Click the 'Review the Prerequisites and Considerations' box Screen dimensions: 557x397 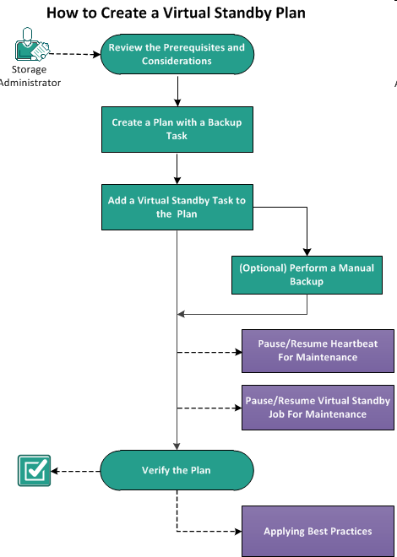[x=177, y=55]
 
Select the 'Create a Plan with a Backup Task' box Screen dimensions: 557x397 [x=177, y=129]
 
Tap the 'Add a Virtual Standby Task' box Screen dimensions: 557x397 [x=177, y=207]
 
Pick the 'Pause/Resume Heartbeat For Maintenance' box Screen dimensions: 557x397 [x=318, y=350]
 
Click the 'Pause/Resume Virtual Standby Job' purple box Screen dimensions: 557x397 [x=318, y=408]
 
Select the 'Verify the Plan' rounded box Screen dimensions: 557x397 [x=177, y=471]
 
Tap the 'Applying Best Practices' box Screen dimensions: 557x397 [x=318, y=532]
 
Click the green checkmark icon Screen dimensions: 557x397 [x=33, y=471]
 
